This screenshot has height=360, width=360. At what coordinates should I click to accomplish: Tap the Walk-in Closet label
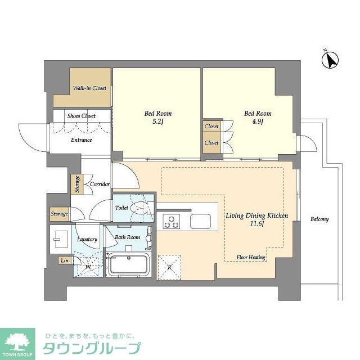90,88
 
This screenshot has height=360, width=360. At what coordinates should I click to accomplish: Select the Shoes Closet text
82,116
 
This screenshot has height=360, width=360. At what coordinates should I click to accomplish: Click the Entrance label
81,140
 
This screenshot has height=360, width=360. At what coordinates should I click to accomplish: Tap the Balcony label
319,219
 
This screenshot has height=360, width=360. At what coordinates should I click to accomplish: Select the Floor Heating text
251,257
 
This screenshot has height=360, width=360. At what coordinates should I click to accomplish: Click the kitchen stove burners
171,222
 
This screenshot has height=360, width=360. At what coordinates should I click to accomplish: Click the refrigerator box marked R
170,267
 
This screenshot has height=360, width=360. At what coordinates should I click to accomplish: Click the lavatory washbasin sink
60,240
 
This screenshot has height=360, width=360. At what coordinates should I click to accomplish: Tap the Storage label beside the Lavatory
60,214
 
